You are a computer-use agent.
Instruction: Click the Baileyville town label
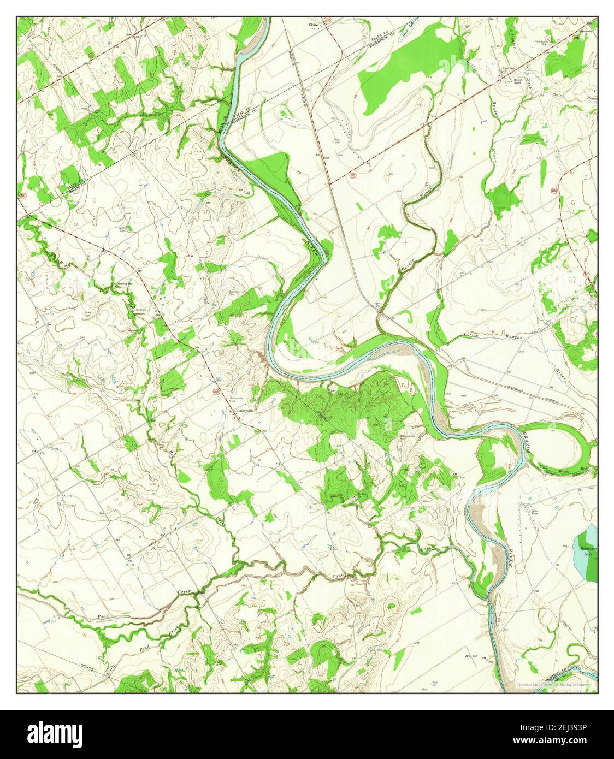pyautogui.click(x=245, y=410)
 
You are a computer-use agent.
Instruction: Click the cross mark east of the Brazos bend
pyautogui.click(x=405, y=242)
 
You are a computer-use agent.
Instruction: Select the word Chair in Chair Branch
pyautogui.click(x=558, y=94)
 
